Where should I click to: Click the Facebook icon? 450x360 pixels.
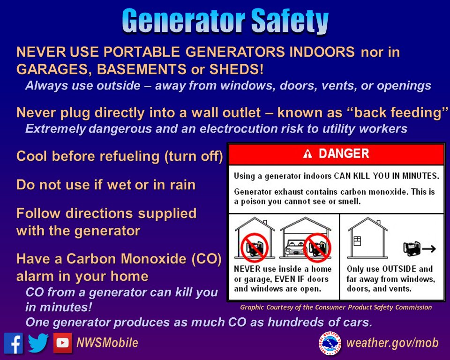pyautogui.click(x=14, y=343)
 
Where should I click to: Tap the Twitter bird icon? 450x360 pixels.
pyautogui.click(x=38, y=343)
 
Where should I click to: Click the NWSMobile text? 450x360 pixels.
pyautogui.click(x=107, y=343)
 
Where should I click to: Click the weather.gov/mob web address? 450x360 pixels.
pyautogui.click(x=392, y=343)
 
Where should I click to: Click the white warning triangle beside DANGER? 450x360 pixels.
pyautogui.click(x=307, y=154)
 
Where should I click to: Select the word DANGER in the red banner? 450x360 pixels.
pyautogui.click(x=344, y=154)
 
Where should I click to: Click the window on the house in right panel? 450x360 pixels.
pyautogui.click(x=357, y=241)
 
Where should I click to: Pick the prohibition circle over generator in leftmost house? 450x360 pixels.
pyautogui.click(x=254, y=247)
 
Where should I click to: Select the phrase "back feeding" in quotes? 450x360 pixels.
pyautogui.click(x=404, y=112)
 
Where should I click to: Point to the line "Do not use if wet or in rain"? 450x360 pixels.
pyautogui.click(x=106, y=185)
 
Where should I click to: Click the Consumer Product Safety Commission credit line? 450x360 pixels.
pyautogui.click(x=336, y=307)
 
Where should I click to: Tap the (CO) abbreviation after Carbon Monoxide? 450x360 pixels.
pyautogui.click(x=206, y=259)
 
